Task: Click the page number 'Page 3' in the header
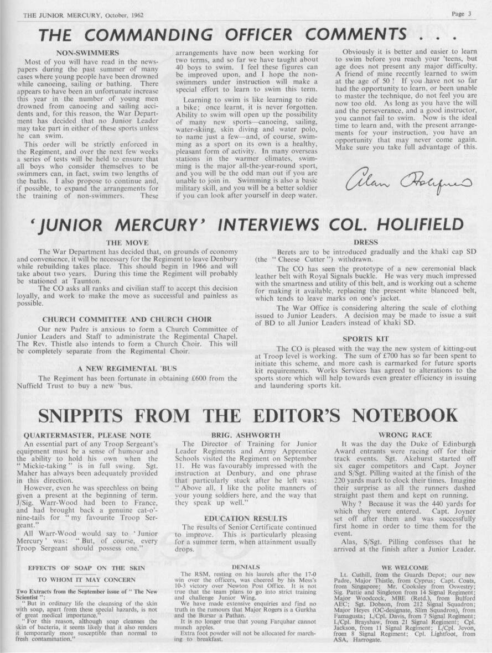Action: click(x=461, y=14)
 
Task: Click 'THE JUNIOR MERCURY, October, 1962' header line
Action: click(x=83, y=15)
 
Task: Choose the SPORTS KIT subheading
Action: click(x=365, y=338)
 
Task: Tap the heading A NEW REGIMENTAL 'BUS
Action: click(x=125, y=368)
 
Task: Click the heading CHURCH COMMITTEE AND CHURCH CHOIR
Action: click(x=127, y=319)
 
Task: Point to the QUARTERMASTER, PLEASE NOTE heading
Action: click(x=87, y=435)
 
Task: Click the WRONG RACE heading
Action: click(x=405, y=435)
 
